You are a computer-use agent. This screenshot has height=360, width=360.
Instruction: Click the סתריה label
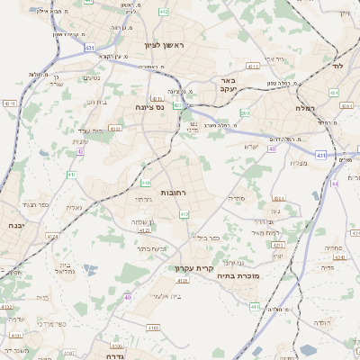coord(237,197)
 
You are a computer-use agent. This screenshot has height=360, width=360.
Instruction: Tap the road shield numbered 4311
coord(10,103)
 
